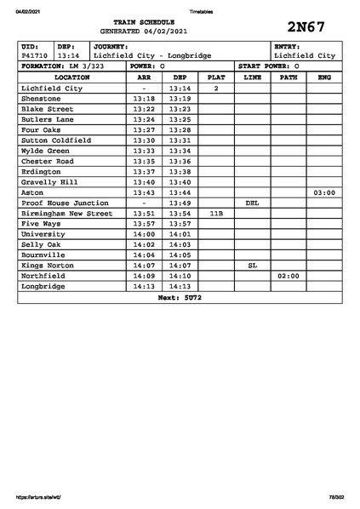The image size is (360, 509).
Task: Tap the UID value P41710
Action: click(x=35, y=55)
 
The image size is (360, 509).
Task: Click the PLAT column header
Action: click(x=216, y=77)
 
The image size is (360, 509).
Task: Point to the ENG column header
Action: click(x=323, y=77)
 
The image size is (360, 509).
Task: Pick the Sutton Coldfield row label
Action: click(x=55, y=140)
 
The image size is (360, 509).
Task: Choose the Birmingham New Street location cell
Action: click(x=66, y=214)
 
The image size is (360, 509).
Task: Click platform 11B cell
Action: click(x=216, y=214)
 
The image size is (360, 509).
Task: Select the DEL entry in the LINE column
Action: click(x=252, y=203)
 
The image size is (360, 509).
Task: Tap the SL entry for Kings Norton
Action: click(x=252, y=266)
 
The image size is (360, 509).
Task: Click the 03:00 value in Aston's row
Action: click(x=323, y=193)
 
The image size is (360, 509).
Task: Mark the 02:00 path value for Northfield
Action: click(x=288, y=277)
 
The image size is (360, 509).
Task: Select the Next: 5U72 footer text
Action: click(x=180, y=298)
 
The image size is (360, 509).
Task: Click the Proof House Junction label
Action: click(x=65, y=203)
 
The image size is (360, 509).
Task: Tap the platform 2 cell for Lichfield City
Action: click(x=216, y=89)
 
